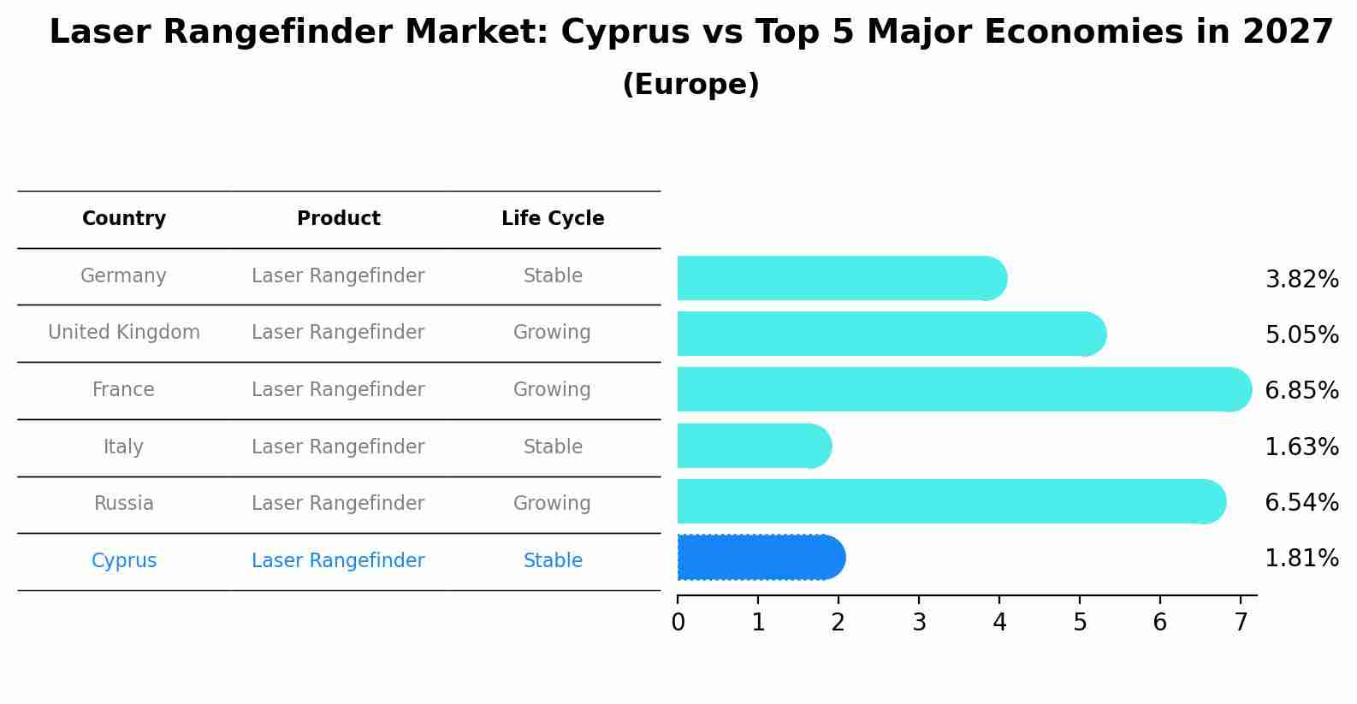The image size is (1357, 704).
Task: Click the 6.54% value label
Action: tap(1301, 502)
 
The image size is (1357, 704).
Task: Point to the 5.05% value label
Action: tap(1301, 334)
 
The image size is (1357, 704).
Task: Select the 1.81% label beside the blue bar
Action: tap(1301, 559)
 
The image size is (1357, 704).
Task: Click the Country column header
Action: tap(124, 219)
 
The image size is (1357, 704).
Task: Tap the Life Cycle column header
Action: tap(553, 219)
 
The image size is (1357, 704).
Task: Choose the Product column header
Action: tap(339, 219)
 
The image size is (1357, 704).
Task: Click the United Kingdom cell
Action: tap(124, 333)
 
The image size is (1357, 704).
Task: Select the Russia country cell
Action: tap(124, 504)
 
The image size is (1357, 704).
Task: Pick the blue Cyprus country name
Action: tap(124, 561)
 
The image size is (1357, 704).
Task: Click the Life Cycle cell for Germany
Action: tap(553, 276)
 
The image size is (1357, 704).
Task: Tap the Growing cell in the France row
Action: tap(552, 390)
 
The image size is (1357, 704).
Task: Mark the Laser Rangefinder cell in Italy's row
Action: tap(338, 447)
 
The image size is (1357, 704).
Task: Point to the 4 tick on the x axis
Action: tap(999, 623)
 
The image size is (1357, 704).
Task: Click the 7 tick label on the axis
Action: tap(1241, 623)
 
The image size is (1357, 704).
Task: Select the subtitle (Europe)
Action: tap(690, 85)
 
